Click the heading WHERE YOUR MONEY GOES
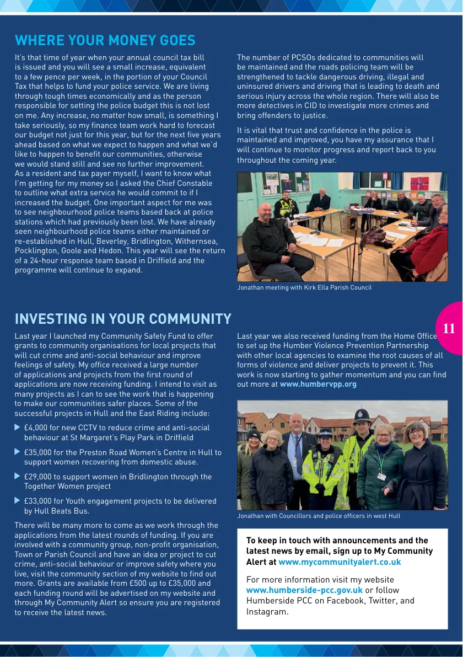pyautogui.click(x=105, y=40)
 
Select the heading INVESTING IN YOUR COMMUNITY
pyautogui.click(x=123, y=319)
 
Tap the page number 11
pyautogui.click(x=449, y=329)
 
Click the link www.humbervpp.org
pyautogui.click(x=318, y=384)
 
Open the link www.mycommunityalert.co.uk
pyautogui.click(x=340, y=562)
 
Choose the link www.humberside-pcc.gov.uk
pyautogui.click(x=304, y=590)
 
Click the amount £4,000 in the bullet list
pyautogui.click(x=36, y=428)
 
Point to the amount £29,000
pyautogui.click(x=38, y=477)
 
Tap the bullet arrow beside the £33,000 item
pyautogui.click(x=17, y=501)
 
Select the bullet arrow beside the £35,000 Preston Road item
pyautogui.click(x=17, y=452)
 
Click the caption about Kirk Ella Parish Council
pyautogui.click(x=304, y=287)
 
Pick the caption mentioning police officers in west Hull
pyautogui.click(x=319, y=516)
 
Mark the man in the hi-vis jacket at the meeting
pyautogui.click(x=286, y=205)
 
